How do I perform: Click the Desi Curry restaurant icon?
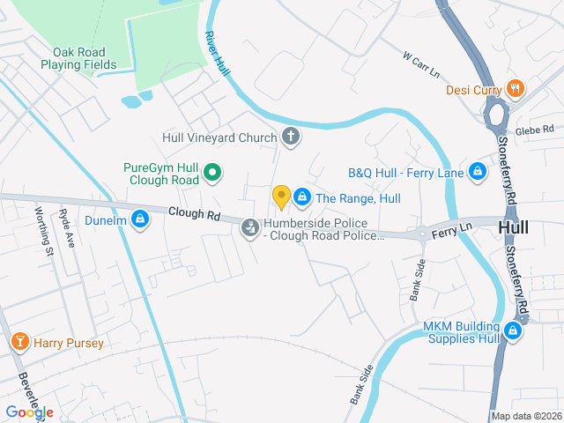pos(516,89)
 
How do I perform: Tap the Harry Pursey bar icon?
pos(19,342)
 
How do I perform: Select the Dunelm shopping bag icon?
pos(139,219)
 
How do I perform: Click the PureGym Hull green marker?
pos(211,173)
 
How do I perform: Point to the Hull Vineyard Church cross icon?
pos(290,137)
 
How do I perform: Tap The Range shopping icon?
pos(302,198)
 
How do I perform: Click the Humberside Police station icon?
pos(250,229)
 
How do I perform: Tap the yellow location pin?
pos(281,197)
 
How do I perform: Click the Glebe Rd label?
pos(537,129)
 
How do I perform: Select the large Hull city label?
pos(513,227)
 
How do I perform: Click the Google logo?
pos(29,412)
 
